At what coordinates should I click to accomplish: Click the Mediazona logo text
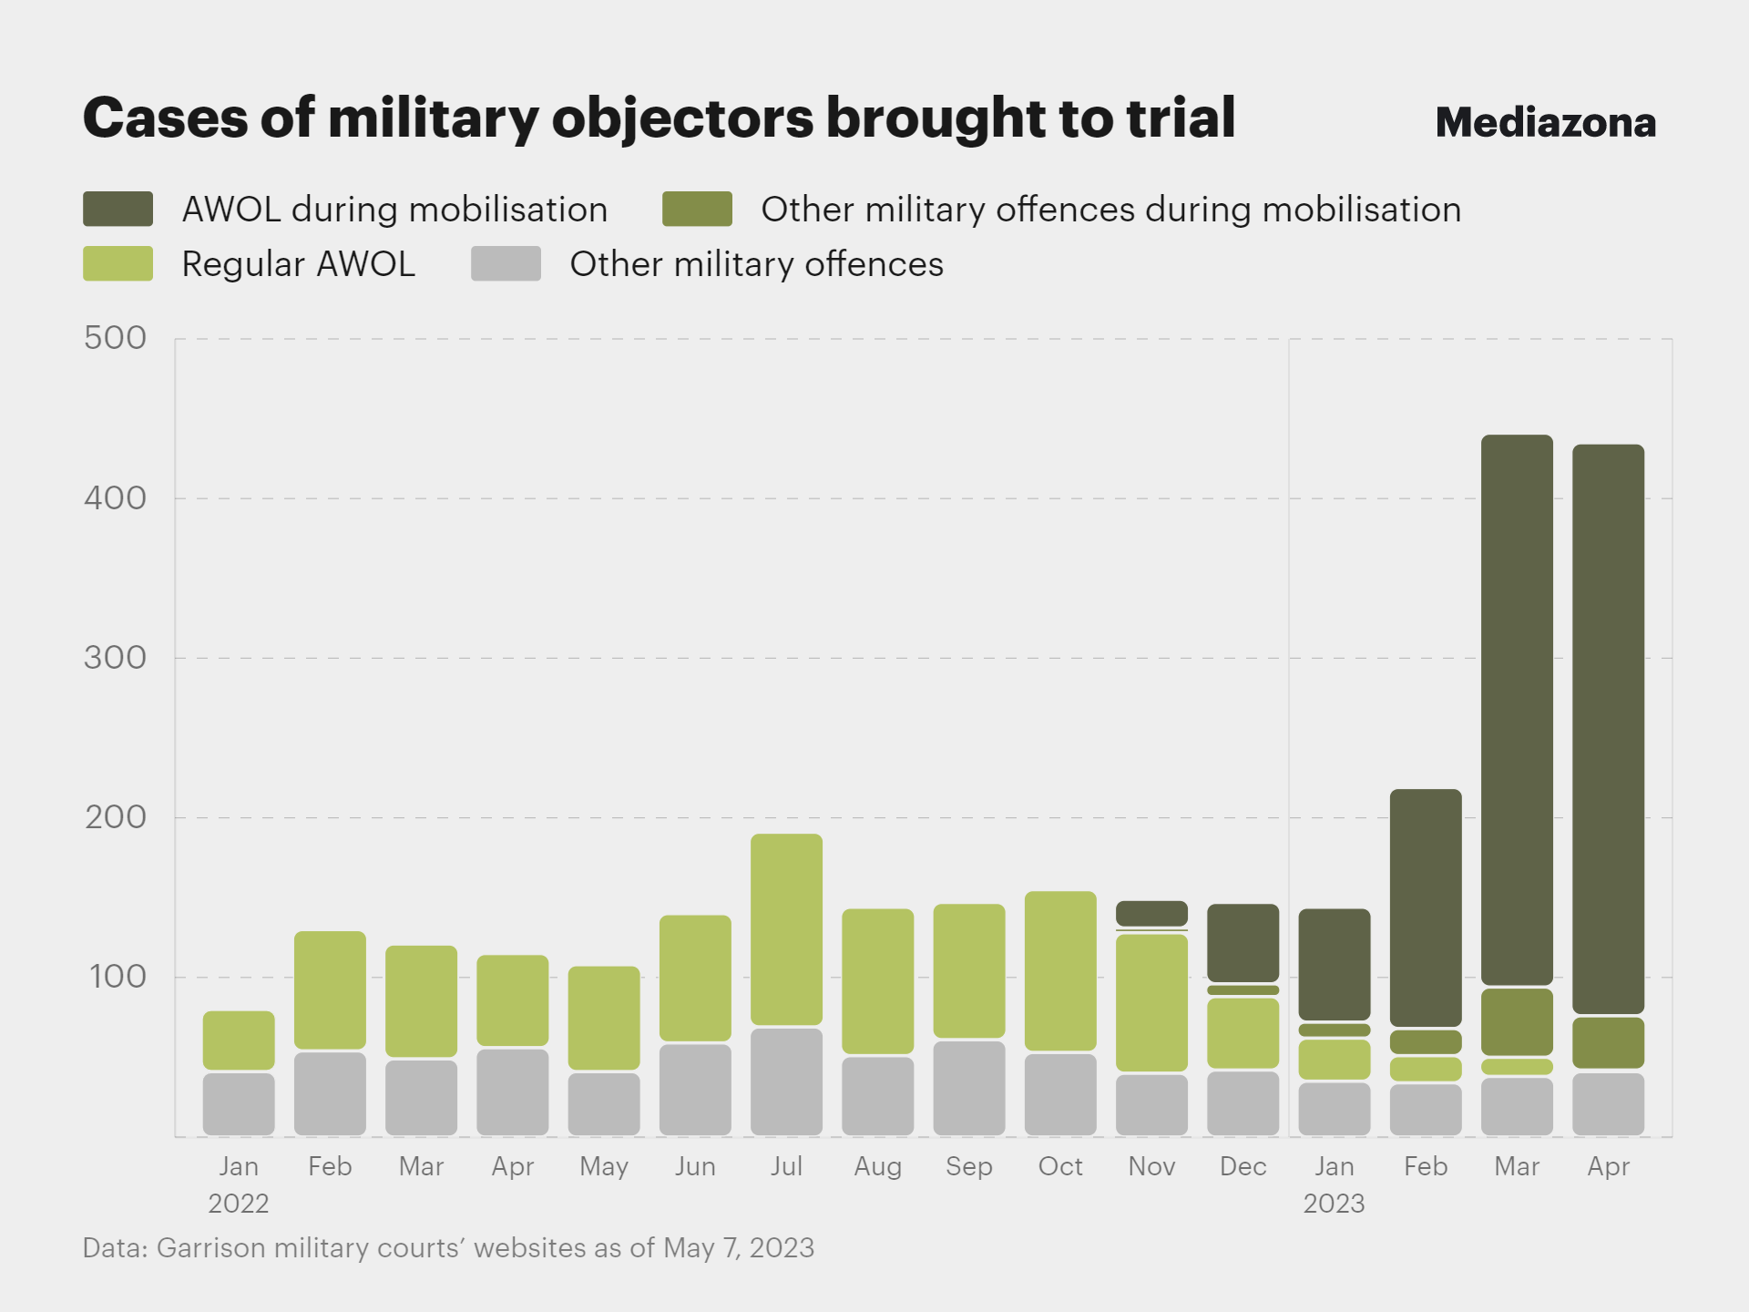[1545, 123]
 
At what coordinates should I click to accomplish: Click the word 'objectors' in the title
[682, 118]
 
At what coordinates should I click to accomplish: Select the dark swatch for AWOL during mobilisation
[118, 209]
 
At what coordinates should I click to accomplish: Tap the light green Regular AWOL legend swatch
[118, 263]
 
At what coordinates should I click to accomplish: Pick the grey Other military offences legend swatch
[506, 263]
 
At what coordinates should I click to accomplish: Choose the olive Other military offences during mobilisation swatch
[697, 209]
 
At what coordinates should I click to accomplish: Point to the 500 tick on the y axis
[115, 338]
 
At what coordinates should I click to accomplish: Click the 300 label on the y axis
[115, 657]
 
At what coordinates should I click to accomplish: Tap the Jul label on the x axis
[786, 1166]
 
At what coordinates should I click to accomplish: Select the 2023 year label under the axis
[1334, 1204]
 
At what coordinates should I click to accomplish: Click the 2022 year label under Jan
[239, 1204]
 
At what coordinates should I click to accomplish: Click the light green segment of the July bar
[786, 929]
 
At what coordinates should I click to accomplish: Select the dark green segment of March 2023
[1517, 711]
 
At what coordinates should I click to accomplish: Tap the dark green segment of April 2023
[1608, 729]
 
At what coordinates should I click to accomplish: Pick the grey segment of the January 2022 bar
[239, 1104]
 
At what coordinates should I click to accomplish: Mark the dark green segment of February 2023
[1426, 907]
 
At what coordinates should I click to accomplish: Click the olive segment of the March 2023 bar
[1517, 1021]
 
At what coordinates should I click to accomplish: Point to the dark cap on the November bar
[1151, 913]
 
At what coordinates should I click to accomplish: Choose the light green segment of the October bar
[1060, 970]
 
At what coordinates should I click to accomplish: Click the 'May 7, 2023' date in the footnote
[738, 1248]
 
